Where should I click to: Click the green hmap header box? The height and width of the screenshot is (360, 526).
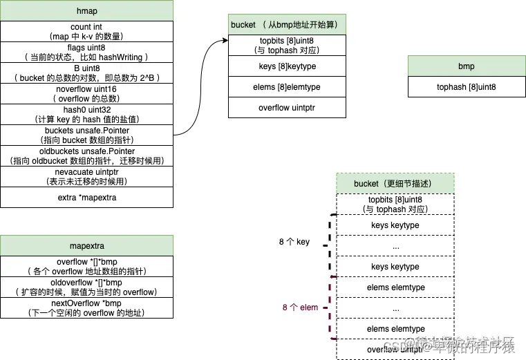pos(86,12)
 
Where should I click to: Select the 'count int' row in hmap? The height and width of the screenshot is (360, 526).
pos(86,31)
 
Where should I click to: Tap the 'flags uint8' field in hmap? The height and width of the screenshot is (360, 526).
pos(86,52)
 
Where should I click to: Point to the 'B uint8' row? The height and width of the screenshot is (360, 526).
pos(86,73)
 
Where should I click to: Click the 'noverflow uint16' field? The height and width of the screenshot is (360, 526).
pos(86,93)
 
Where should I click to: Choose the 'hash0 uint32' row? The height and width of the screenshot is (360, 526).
pos(86,114)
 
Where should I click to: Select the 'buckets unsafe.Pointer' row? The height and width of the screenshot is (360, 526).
pos(86,135)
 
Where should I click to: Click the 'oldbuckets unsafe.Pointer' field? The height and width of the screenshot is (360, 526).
pos(86,155)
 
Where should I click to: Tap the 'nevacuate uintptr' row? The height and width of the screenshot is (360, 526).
pos(86,176)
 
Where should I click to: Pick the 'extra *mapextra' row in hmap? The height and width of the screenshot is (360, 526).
pos(86,197)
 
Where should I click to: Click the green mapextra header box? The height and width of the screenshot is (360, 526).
pos(86,245)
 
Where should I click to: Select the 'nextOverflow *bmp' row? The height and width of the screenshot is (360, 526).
pos(86,307)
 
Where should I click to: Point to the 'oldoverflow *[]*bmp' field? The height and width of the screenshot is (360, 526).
pos(86,287)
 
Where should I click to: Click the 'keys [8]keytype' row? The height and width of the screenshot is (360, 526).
pos(288,66)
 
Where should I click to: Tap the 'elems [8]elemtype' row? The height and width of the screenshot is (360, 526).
pos(288,87)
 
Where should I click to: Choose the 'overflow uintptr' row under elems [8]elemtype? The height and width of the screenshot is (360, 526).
pos(288,108)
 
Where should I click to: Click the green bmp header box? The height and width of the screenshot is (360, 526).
pos(466,66)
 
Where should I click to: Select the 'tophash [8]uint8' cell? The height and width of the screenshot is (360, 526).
pos(466,87)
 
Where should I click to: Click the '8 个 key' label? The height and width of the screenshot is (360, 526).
pos(294,242)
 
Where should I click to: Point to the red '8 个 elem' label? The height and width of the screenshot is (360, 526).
pos(300,307)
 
